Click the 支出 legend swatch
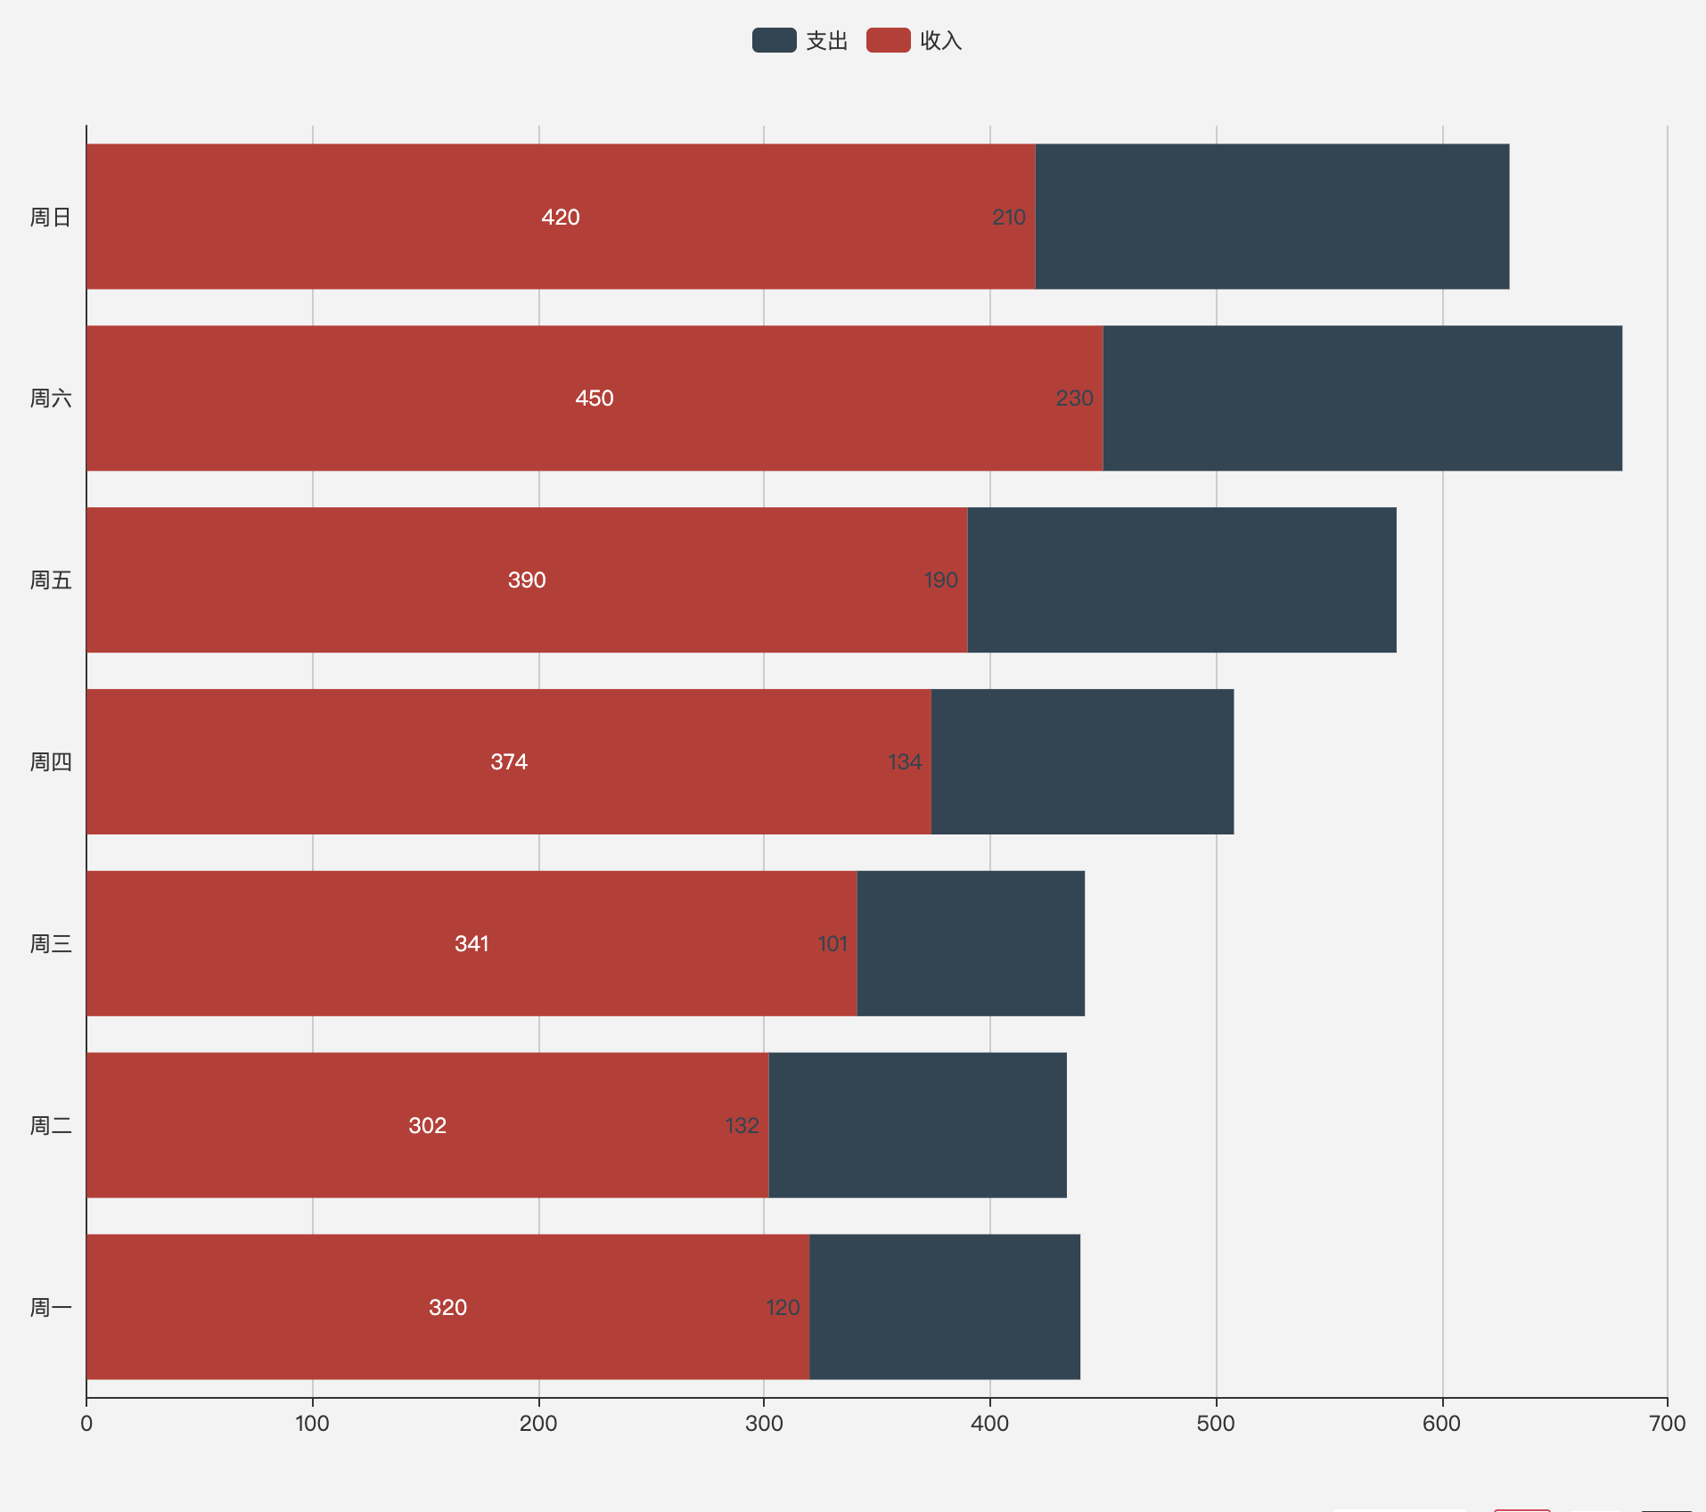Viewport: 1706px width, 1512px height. [x=774, y=40]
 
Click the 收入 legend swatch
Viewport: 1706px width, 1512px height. [x=888, y=40]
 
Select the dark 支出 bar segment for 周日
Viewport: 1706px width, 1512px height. [x=1272, y=217]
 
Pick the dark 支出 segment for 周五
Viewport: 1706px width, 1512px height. [x=1181, y=579]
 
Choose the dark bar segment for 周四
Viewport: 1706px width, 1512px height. [x=1082, y=761]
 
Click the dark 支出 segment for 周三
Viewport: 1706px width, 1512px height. [x=971, y=943]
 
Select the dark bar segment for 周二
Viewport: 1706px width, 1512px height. [x=917, y=1125]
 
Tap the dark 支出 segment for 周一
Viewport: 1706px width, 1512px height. [x=944, y=1307]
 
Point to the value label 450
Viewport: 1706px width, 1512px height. [x=595, y=398]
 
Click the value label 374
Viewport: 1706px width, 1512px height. [x=509, y=761]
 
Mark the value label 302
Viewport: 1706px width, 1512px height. [x=428, y=1125]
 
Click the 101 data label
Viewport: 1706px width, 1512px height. [x=832, y=943]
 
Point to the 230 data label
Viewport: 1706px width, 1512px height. [x=1074, y=398]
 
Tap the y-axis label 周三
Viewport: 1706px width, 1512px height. [x=51, y=943]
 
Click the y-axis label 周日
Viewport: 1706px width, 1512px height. [x=51, y=217]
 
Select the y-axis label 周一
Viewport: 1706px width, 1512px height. [x=51, y=1307]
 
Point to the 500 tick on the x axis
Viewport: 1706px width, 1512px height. [x=1216, y=1423]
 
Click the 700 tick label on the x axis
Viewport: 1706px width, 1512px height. [x=1667, y=1423]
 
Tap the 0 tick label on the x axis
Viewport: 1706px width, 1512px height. [x=86, y=1423]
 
